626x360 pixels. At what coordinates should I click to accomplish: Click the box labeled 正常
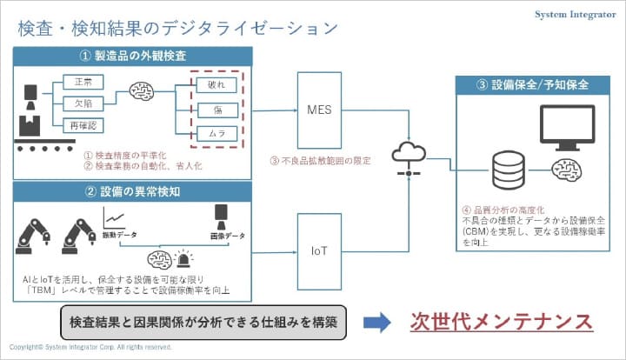[84, 82]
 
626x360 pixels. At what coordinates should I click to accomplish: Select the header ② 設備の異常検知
[133, 190]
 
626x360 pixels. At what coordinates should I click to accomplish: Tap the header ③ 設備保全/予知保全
[534, 86]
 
